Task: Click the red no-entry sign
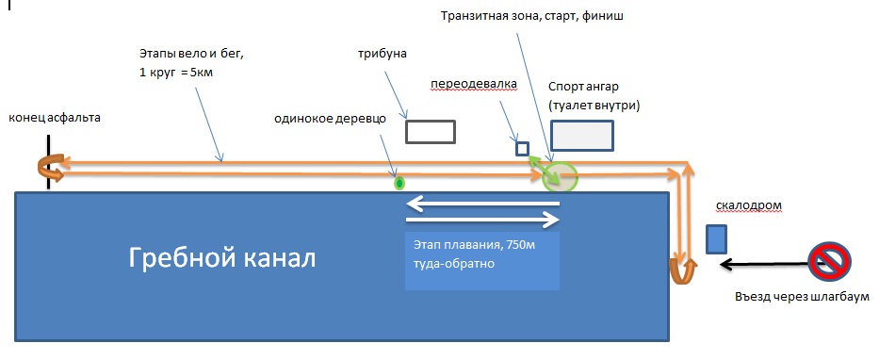[x=829, y=261]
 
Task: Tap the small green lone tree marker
[x=399, y=183]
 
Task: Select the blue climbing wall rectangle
[x=716, y=238]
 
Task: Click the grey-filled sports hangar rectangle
[x=582, y=136]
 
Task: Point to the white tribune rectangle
[x=430, y=132]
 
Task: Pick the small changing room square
[x=523, y=149]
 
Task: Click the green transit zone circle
[x=560, y=175]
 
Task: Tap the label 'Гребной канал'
[x=222, y=258]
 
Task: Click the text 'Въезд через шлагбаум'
[x=802, y=296]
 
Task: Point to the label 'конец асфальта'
[x=55, y=118]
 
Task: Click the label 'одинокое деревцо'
[x=330, y=119]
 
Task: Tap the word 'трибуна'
[x=382, y=55]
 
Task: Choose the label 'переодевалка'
[x=474, y=84]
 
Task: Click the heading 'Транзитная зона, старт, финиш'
[x=531, y=16]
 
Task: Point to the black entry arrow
[x=765, y=262]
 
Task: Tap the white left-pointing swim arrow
[x=482, y=203]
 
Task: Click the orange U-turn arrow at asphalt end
[x=46, y=167]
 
